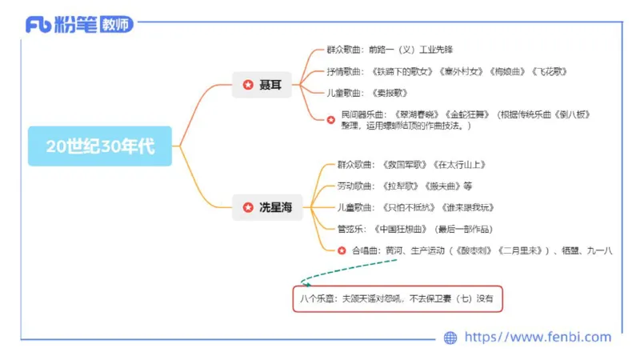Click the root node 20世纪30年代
(x=100, y=146)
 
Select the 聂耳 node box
(x=262, y=84)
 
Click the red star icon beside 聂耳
(x=247, y=84)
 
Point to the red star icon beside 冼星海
(x=247, y=207)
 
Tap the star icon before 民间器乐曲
(x=331, y=119)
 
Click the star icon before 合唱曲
(x=341, y=250)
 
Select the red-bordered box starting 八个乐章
(x=398, y=299)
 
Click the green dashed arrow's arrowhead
(x=303, y=282)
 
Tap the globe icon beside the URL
(x=450, y=338)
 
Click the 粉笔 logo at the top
(x=78, y=25)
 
